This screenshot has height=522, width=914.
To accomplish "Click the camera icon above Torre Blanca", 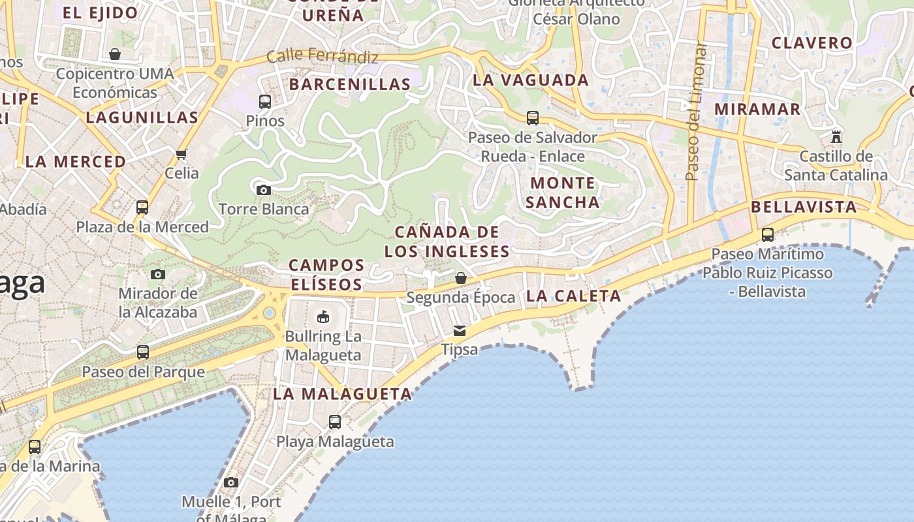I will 264,190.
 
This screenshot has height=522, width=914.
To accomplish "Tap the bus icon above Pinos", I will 264,102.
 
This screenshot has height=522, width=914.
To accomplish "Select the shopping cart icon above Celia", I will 181,155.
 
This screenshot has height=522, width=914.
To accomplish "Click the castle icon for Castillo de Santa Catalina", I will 836,137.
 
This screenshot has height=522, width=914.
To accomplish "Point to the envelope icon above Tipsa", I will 460,330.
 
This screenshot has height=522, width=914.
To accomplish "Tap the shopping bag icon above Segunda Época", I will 460,278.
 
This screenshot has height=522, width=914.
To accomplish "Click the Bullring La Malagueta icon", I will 323,317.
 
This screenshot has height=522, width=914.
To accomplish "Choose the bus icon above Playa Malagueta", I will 335,422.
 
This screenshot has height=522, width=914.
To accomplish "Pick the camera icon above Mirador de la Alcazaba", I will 158,274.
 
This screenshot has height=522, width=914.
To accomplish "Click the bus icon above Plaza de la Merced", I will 142,207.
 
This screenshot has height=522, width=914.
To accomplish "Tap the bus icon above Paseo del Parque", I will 143,352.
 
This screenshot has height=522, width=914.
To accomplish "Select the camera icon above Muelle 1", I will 230,483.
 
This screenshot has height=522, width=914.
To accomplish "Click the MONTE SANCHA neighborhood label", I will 562,192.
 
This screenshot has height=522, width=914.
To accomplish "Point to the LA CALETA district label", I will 573,296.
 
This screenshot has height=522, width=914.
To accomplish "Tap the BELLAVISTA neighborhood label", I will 803,207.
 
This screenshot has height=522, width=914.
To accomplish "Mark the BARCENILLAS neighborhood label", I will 350,84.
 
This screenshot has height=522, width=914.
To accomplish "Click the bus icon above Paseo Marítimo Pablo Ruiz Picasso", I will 768,234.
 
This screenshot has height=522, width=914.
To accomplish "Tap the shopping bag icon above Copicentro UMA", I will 115,54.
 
